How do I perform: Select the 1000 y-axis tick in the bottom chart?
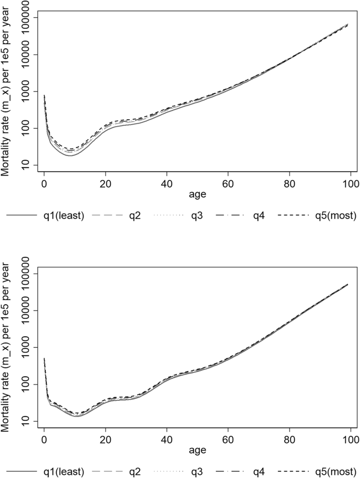coord(25,348)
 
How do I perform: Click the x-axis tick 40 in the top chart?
coord(167,183)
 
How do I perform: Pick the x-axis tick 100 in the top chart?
coord(351,183)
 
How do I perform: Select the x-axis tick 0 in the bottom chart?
coord(44,439)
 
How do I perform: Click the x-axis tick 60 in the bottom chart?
coord(228,439)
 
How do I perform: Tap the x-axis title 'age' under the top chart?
coord(197,194)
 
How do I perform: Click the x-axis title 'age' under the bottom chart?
coord(197,450)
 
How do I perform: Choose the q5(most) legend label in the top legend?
coord(332,216)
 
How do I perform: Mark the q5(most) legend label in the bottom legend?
coord(332,472)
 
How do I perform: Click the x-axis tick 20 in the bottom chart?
coord(106,439)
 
